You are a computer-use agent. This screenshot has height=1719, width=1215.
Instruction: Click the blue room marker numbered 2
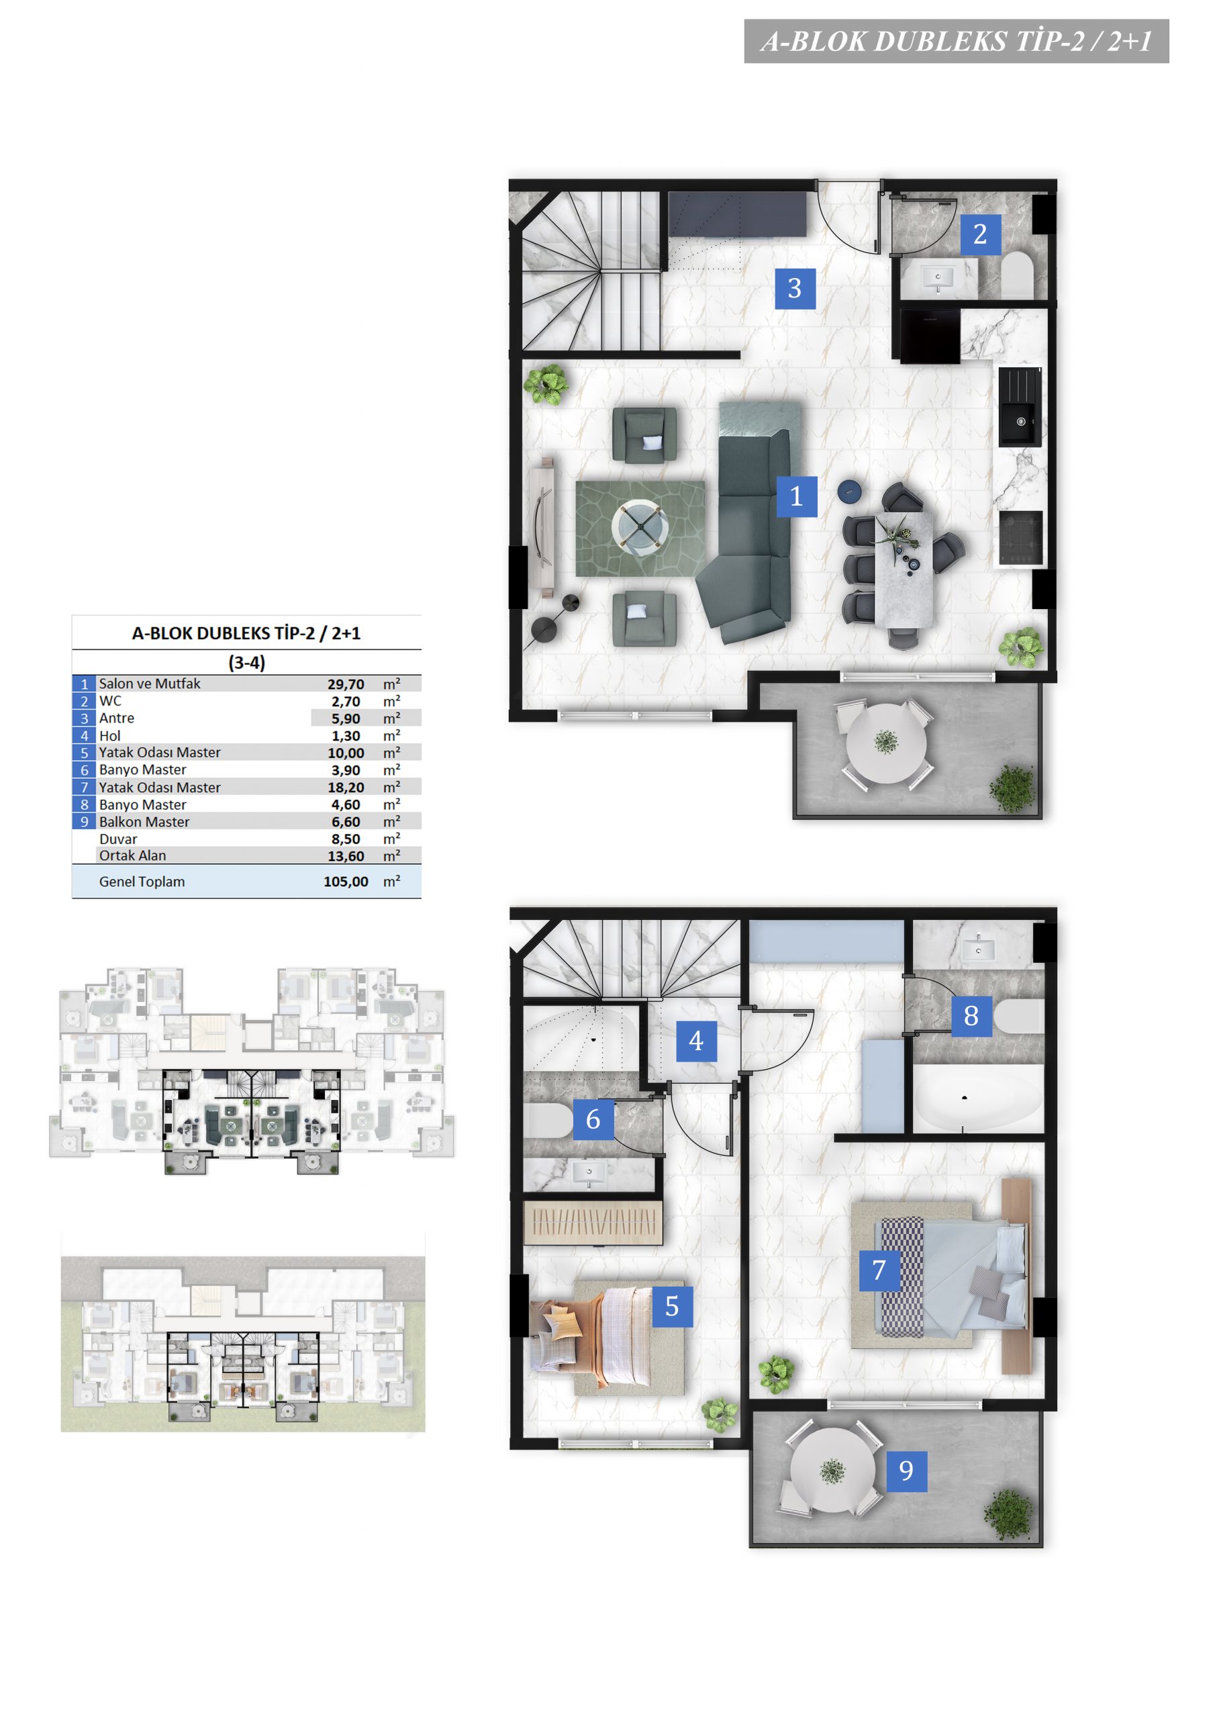point(980,234)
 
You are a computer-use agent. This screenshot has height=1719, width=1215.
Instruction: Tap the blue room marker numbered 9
point(907,1471)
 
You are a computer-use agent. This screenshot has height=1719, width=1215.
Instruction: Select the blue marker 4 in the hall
point(696,1041)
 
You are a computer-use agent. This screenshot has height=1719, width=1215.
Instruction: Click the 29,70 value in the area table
point(346,684)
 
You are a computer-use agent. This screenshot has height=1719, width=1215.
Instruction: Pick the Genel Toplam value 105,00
point(346,882)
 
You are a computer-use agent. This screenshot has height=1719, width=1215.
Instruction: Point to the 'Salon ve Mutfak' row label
point(150,684)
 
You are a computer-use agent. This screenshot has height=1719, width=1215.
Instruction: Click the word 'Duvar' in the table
point(118,839)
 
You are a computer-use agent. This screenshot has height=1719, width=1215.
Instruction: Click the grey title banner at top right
point(956,41)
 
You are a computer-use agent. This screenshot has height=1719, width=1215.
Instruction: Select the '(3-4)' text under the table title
point(247,663)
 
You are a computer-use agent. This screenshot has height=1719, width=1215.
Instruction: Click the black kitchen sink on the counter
point(1020,406)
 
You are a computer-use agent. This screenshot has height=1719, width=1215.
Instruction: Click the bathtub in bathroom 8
point(977,1099)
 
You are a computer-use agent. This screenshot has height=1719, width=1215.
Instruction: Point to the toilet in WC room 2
point(1016,275)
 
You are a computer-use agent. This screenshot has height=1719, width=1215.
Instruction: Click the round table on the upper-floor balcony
point(832,1470)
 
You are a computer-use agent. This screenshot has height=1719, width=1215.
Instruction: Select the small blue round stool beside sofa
point(849,491)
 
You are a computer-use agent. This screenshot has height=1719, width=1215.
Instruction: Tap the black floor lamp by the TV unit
point(554,618)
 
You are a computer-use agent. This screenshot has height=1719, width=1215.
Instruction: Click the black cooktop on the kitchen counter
point(1020,538)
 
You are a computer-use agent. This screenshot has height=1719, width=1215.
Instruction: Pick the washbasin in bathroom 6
point(589,1174)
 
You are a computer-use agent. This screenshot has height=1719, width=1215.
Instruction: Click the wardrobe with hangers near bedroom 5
point(593,1223)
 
